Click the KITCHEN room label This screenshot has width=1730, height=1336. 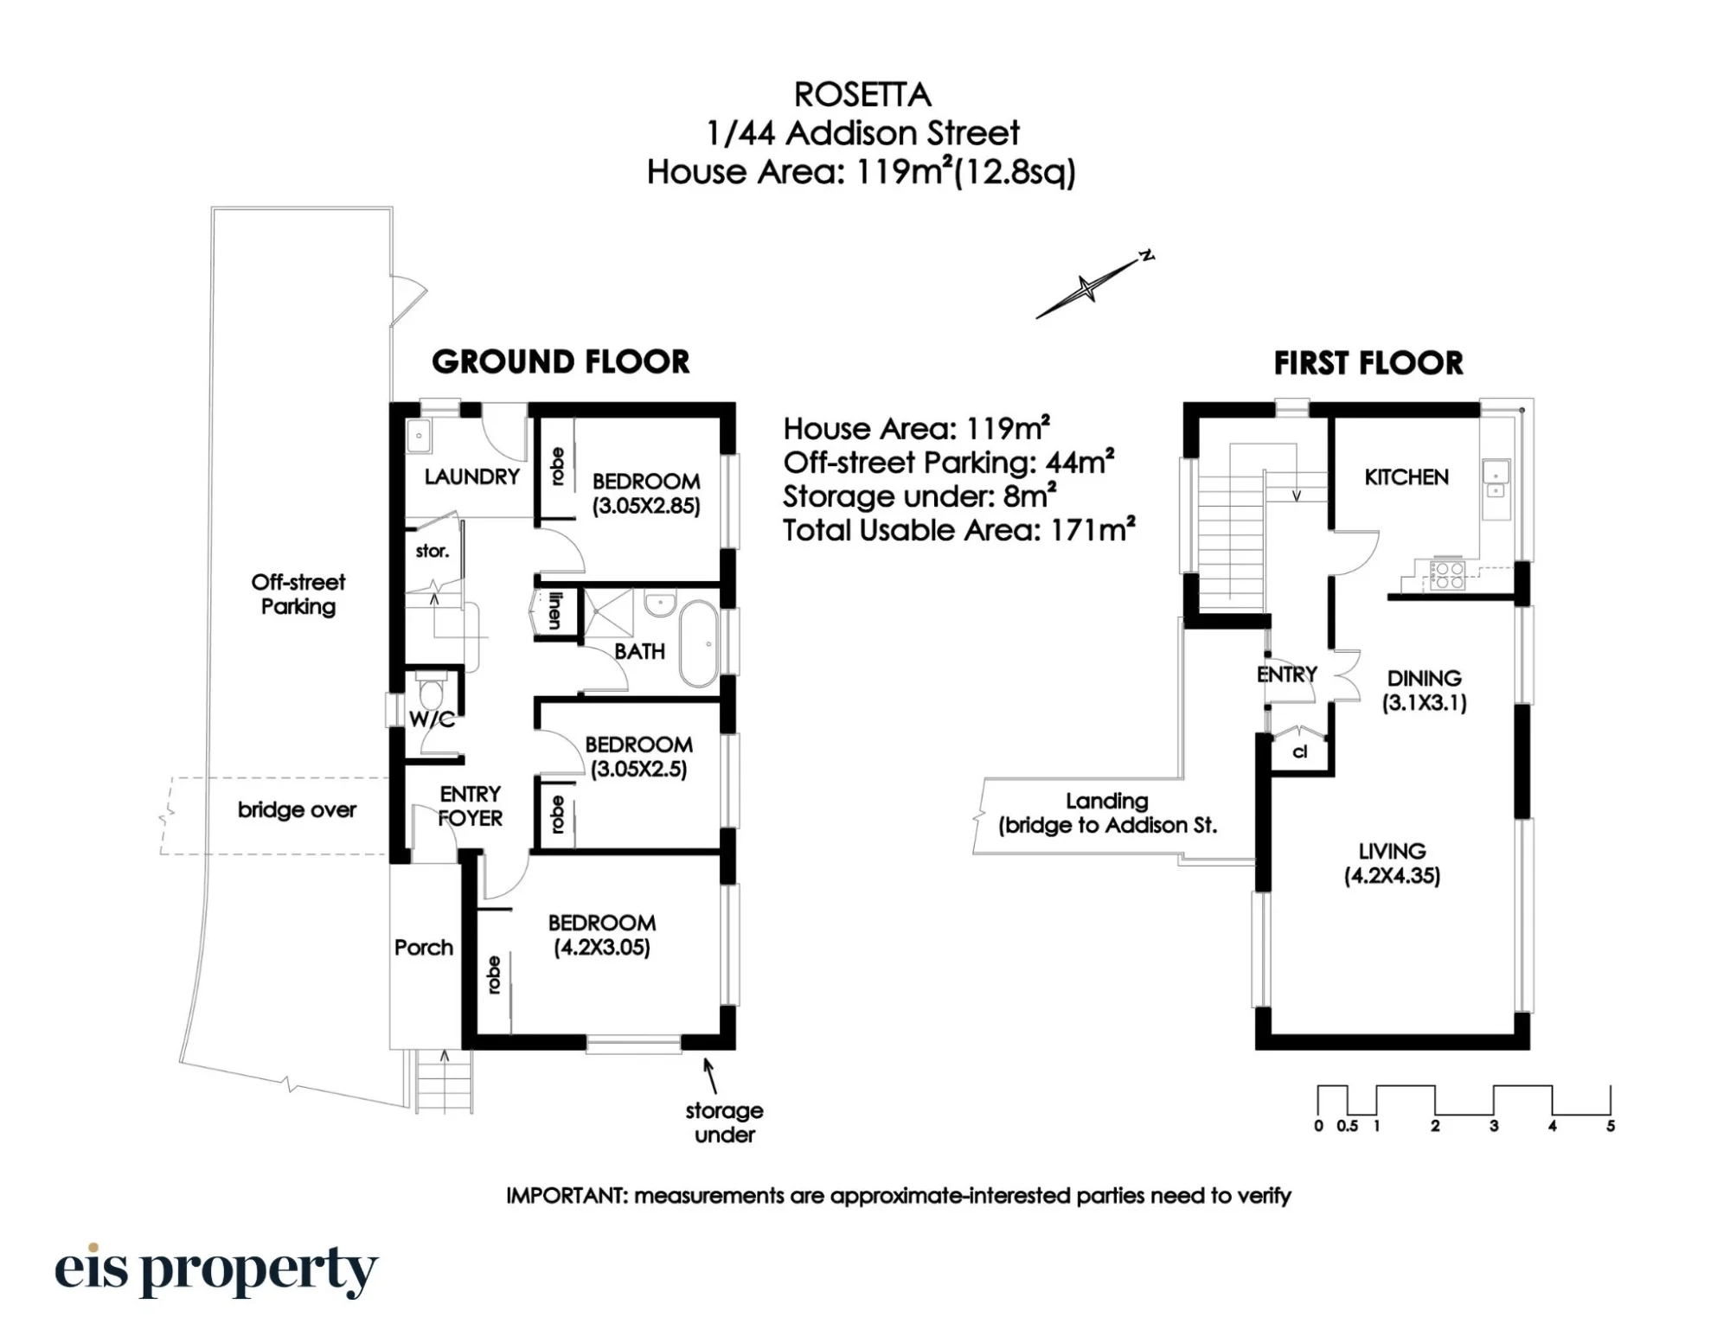(x=1406, y=476)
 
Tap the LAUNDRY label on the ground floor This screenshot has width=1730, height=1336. (x=471, y=476)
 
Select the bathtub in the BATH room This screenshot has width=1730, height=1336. (x=699, y=645)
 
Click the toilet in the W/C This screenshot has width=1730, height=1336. (x=430, y=692)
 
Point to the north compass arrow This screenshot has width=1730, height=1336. (x=1094, y=286)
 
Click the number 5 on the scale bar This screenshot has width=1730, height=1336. (x=1611, y=1126)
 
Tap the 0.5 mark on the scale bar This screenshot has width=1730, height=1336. (x=1347, y=1126)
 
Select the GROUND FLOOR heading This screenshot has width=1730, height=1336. (x=561, y=361)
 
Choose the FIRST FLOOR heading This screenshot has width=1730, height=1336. (x=1368, y=363)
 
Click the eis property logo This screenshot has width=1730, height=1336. (x=216, y=1271)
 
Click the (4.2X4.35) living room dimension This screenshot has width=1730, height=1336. (x=1392, y=876)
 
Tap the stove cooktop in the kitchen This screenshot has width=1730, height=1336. (x=1448, y=576)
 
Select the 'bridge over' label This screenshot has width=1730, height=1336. (x=297, y=810)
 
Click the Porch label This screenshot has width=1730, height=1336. (x=424, y=948)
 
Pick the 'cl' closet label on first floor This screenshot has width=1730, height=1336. (x=1299, y=752)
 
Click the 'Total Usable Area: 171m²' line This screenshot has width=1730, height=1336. (x=958, y=530)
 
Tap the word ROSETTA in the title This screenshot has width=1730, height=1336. (x=862, y=94)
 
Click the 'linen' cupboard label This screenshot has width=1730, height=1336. (x=554, y=610)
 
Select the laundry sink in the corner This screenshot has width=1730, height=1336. (x=420, y=436)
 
